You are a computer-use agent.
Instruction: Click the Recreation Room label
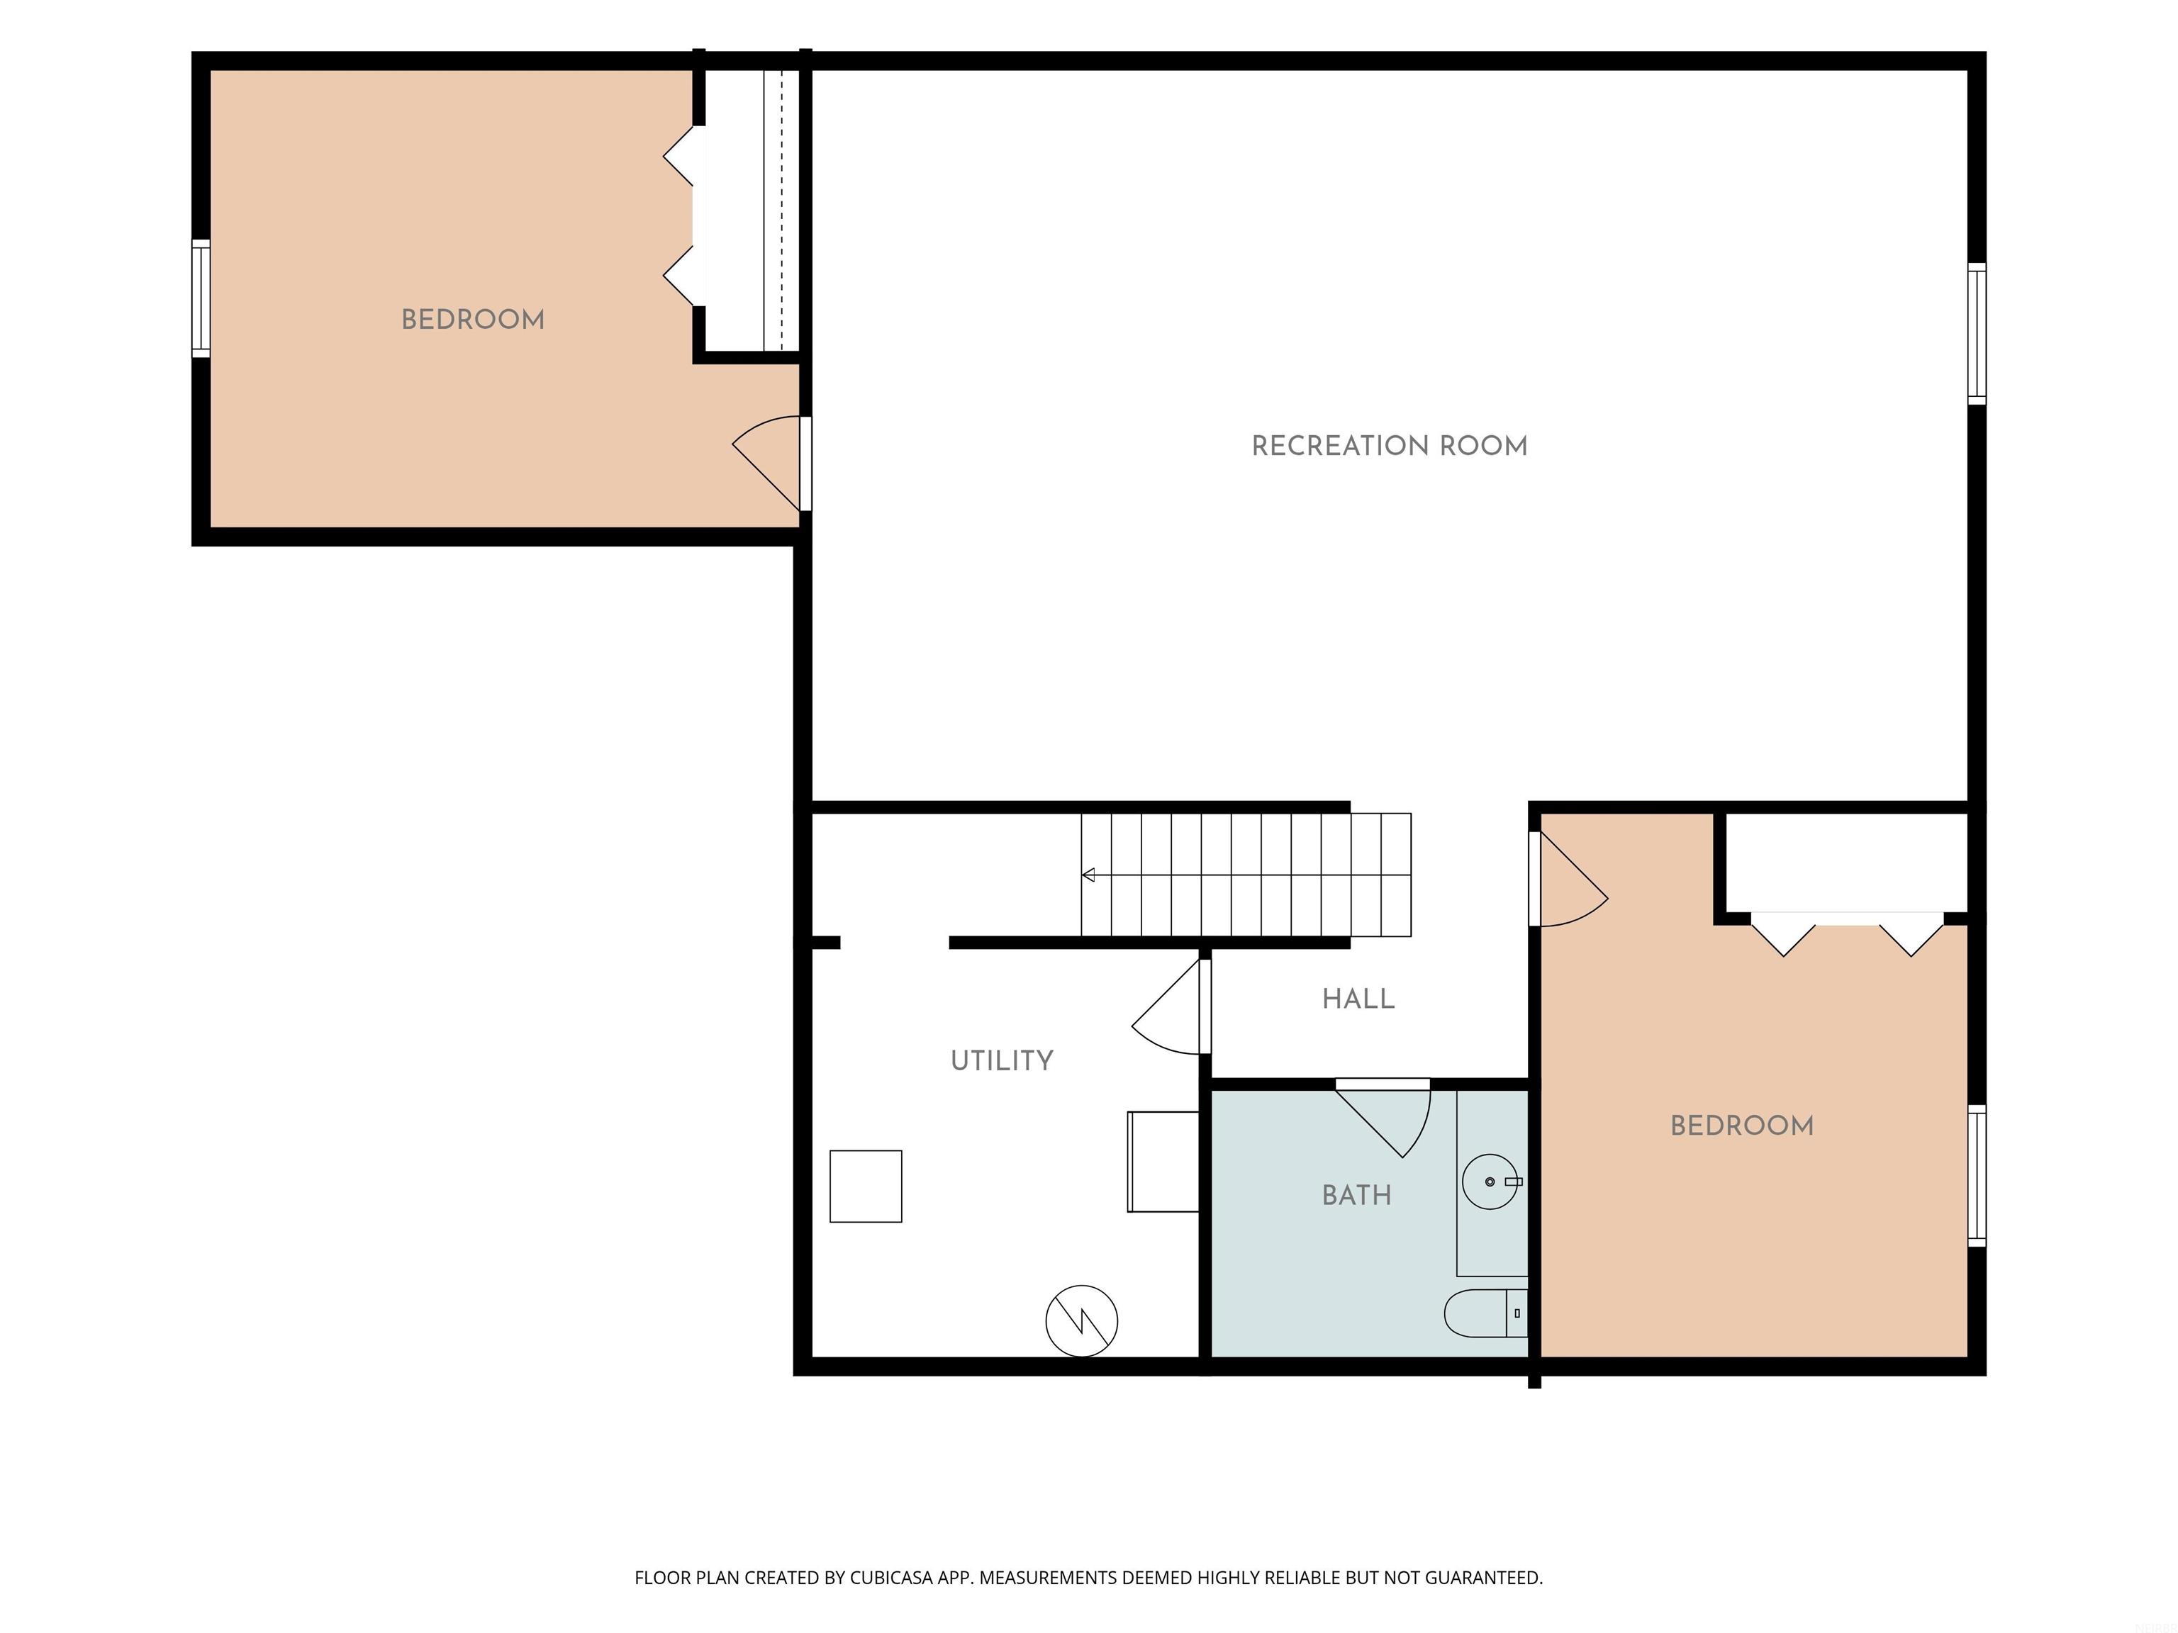(1390, 446)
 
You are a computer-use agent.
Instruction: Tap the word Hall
(1358, 999)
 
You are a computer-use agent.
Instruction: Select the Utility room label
(1001, 1060)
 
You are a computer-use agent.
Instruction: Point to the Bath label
(1357, 1195)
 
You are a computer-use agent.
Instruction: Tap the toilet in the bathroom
(1485, 1313)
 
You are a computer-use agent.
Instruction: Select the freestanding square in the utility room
(866, 1186)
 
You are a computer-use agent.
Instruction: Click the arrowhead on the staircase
(1088, 874)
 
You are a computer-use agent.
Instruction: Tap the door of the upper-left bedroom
(771, 464)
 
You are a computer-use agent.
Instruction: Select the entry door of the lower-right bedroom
(1568, 879)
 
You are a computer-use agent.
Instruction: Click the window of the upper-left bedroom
(201, 298)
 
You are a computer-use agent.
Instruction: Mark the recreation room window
(1976, 334)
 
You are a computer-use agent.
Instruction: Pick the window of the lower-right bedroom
(1976, 1175)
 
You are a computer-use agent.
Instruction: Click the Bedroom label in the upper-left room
(473, 319)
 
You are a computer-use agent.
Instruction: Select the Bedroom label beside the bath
(1742, 1125)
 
